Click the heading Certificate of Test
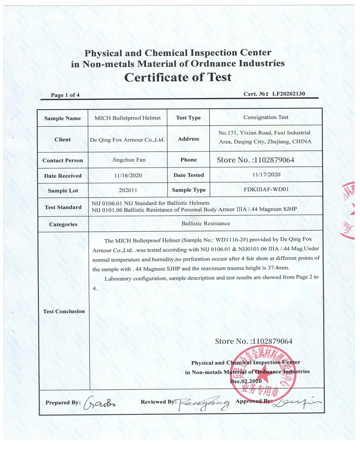178,77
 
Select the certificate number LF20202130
286,94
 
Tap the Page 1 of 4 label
65,95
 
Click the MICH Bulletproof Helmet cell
127,118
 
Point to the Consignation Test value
265,117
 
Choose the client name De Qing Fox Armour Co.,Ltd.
128,139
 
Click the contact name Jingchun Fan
128,160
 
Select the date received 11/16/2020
128,175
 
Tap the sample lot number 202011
128,190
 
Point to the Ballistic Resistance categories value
206,223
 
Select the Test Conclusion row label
63,311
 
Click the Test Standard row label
63,207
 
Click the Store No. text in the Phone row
255,159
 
